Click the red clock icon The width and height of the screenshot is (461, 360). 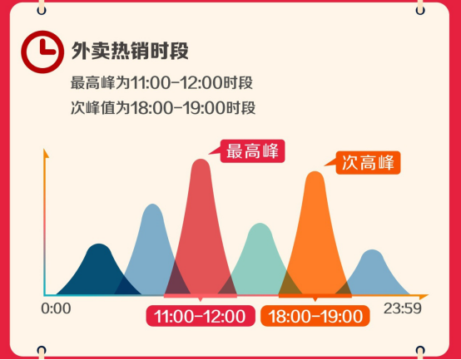pos(42,52)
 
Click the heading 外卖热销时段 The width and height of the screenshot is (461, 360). pos(130,51)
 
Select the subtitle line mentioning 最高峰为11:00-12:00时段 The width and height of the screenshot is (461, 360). pos(161,83)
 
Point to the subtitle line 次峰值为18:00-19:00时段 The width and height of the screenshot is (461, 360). pos(163,108)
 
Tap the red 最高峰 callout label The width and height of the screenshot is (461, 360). pos(252,151)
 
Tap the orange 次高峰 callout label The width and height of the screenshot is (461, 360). pos(368,163)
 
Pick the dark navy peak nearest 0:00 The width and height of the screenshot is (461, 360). pos(99,269)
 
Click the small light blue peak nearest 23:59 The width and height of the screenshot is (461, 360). pos(373,272)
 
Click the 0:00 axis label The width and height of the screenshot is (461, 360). pos(56,308)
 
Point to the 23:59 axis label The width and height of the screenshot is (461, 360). pos(403,308)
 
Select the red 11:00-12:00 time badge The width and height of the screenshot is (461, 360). pos(201,316)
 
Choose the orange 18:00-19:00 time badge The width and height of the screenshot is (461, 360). pos(315,316)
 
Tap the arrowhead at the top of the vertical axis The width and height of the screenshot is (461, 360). pos(45,153)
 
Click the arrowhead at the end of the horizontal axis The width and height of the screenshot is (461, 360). pos(424,296)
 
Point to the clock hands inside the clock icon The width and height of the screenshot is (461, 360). pos(47,48)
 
